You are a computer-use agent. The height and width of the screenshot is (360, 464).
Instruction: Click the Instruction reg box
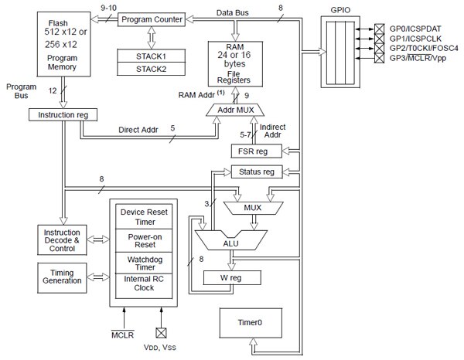pos(60,114)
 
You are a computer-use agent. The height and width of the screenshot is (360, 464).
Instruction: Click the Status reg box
pos(258,171)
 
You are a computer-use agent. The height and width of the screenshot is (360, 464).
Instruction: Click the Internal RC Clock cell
pos(145,287)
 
